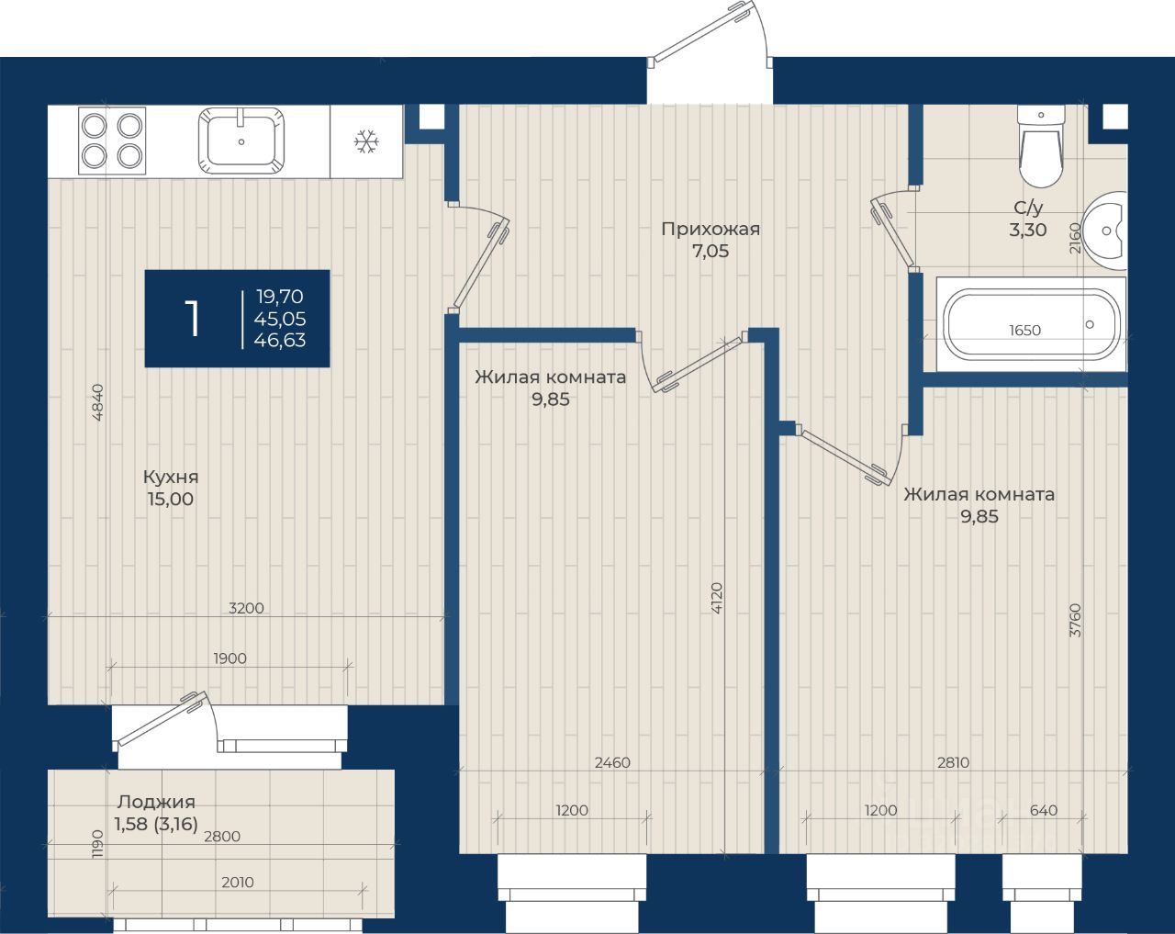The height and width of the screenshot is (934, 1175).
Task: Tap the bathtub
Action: point(1032,324)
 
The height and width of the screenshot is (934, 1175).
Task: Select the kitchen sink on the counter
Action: point(241,141)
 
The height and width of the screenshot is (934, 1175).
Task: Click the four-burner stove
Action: point(112,141)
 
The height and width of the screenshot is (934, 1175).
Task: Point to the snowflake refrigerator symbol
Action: point(366,141)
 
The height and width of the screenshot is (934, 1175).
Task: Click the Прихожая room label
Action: point(711,229)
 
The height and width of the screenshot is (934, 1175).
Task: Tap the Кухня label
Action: point(171,477)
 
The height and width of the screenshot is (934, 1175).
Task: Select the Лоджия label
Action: point(156,802)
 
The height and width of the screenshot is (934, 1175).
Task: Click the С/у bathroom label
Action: point(1028,208)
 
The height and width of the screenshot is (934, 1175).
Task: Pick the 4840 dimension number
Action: point(97,402)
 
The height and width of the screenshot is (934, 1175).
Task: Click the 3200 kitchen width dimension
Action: point(246,608)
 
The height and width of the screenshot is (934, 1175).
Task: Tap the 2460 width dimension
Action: point(612,762)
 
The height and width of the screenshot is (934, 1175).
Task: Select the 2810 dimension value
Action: point(954,762)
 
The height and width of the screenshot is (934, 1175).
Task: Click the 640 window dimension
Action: point(1044,810)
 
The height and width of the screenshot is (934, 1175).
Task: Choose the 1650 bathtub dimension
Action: point(1024,330)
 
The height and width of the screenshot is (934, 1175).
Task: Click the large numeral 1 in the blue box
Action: point(192,319)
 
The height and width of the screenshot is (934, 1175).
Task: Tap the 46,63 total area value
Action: point(280,340)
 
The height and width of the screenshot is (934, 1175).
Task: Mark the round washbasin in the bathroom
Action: point(1105,231)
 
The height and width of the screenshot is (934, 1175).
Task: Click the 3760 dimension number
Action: point(1075,620)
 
